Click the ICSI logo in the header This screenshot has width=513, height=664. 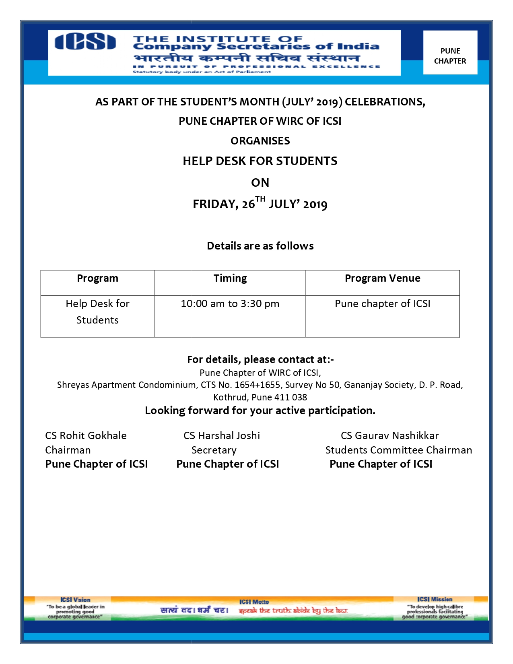85,42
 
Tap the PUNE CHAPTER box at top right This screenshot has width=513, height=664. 450,56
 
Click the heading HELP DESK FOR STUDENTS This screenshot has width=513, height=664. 260,161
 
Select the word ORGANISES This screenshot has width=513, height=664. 260,141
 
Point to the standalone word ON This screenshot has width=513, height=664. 260,183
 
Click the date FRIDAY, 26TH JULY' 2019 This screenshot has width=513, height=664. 260,204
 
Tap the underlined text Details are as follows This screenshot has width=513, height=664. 260,246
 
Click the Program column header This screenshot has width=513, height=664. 97,278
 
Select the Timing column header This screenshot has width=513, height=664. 230,278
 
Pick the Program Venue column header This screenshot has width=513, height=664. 382,278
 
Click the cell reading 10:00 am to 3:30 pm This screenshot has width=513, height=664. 230,304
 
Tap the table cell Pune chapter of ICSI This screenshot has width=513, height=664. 382,304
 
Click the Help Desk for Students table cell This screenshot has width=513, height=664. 97,312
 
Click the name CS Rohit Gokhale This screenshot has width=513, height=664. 86,436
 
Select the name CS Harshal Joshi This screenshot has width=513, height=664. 222,436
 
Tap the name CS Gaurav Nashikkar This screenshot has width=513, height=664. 389,436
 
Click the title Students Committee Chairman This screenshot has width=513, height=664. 398,450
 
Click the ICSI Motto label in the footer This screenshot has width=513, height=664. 254,602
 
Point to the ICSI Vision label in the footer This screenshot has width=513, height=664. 75,600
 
